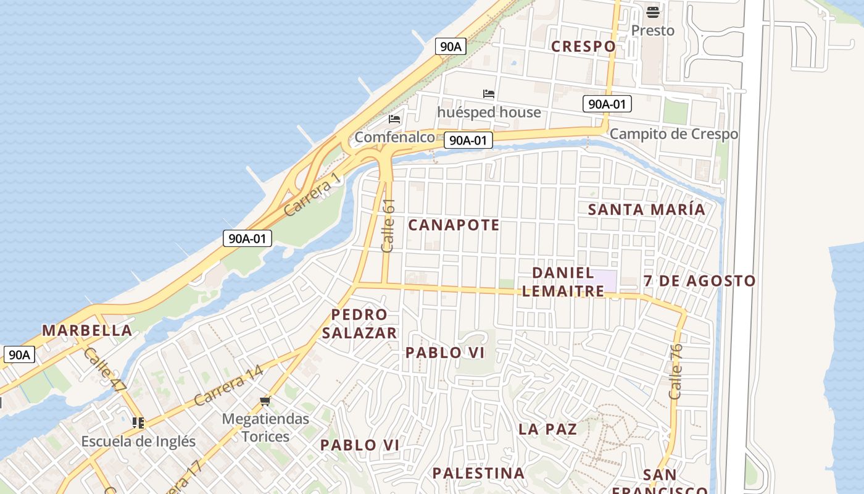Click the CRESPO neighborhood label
[583, 46]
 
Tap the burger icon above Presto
[652, 12]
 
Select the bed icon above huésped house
[489, 94]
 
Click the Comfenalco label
[395, 137]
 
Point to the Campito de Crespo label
[673, 134]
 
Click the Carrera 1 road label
[312, 195]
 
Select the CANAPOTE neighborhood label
[454, 225]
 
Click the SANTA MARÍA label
[646, 209]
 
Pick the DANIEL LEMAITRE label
[563, 282]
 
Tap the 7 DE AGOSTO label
[699, 281]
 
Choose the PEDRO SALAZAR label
[359, 324]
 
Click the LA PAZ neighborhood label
[547, 429]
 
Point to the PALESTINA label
[478, 474]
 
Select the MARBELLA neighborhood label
[87, 330]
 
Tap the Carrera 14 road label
[228, 386]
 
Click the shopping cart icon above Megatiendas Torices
[265, 402]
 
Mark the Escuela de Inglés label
[138, 442]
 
